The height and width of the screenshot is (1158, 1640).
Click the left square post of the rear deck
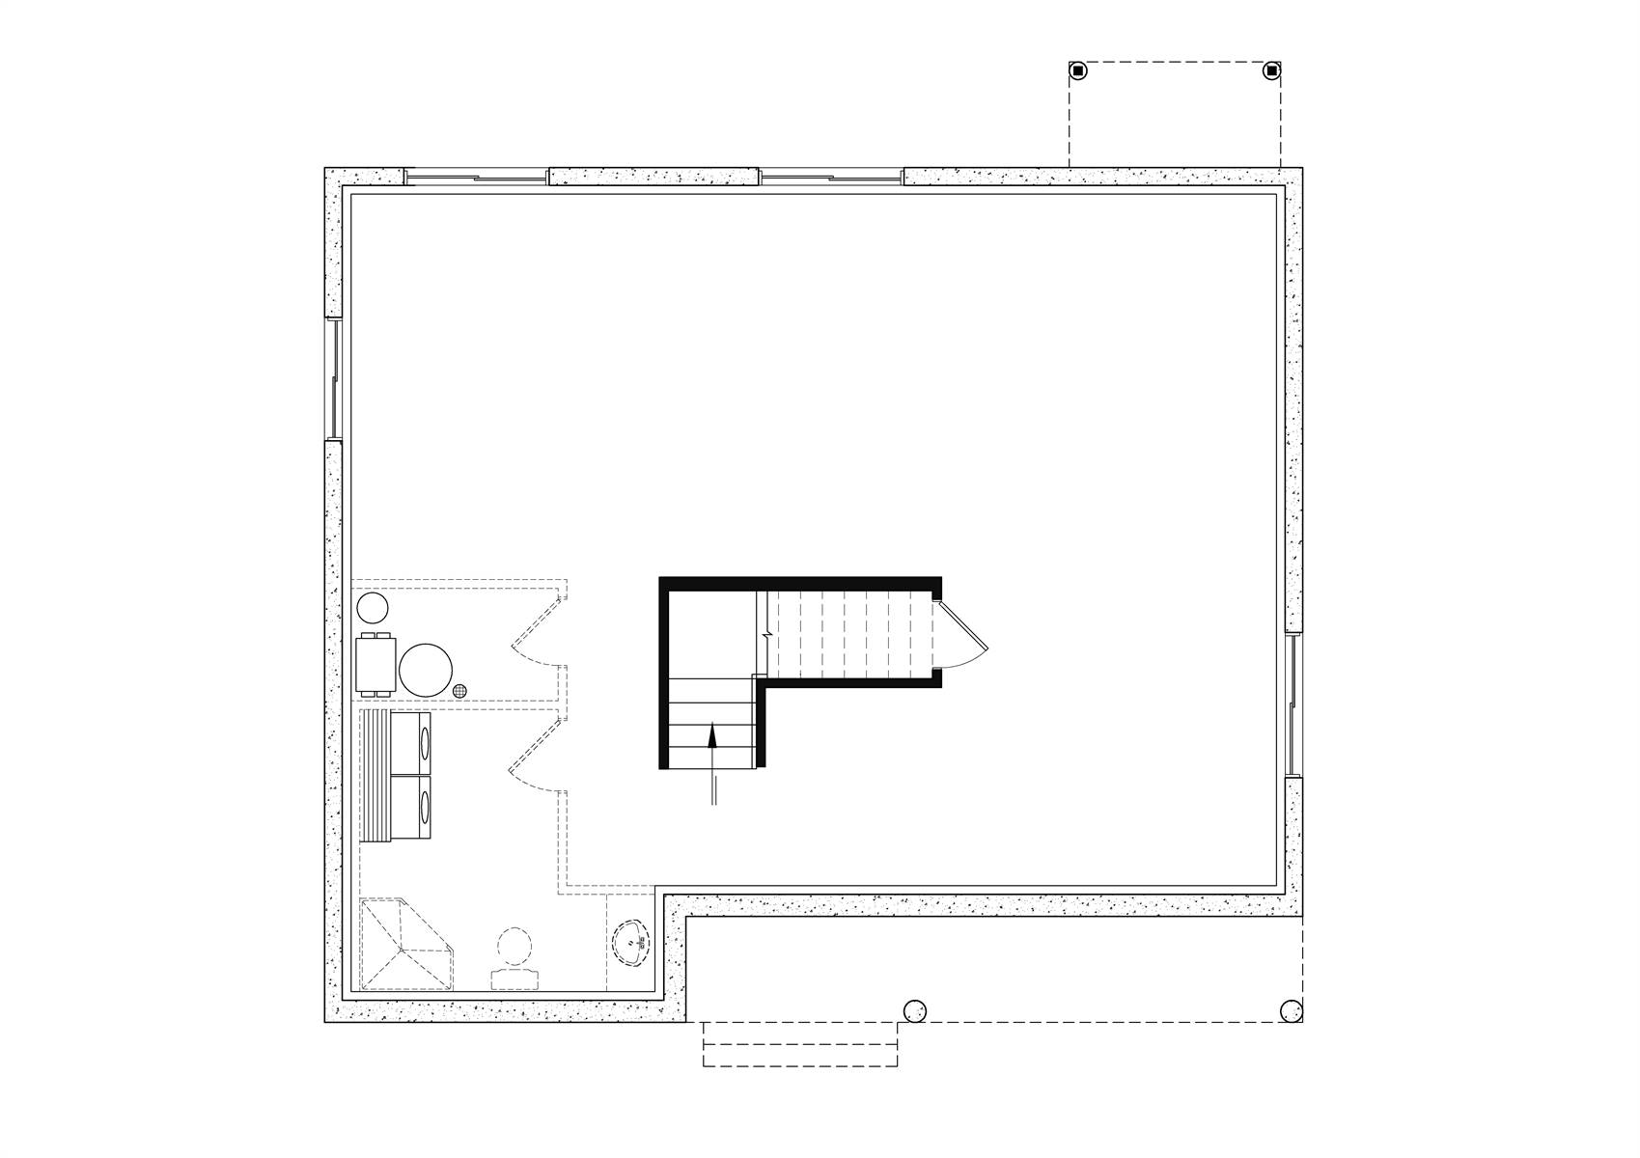point(1078,70)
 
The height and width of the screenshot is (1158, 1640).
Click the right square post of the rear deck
point(1272,70)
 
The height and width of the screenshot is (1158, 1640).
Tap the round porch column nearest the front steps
point(913,1010)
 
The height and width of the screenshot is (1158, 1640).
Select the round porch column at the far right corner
point(1291,1010)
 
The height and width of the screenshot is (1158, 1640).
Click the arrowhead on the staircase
point(712,735)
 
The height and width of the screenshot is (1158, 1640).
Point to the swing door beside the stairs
point(961,634)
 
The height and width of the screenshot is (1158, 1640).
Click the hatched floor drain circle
point(460,690)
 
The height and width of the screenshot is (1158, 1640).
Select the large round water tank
point(426,670)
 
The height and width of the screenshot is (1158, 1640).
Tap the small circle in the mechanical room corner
point(373,608)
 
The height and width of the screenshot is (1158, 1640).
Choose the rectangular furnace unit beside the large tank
point(375,665)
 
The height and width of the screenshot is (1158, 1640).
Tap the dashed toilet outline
point(515,958)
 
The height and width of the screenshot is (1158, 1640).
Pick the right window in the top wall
point(831,178)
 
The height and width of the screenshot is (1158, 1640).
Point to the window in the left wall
point(334,378)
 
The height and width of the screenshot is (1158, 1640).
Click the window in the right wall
point(1293,705)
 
